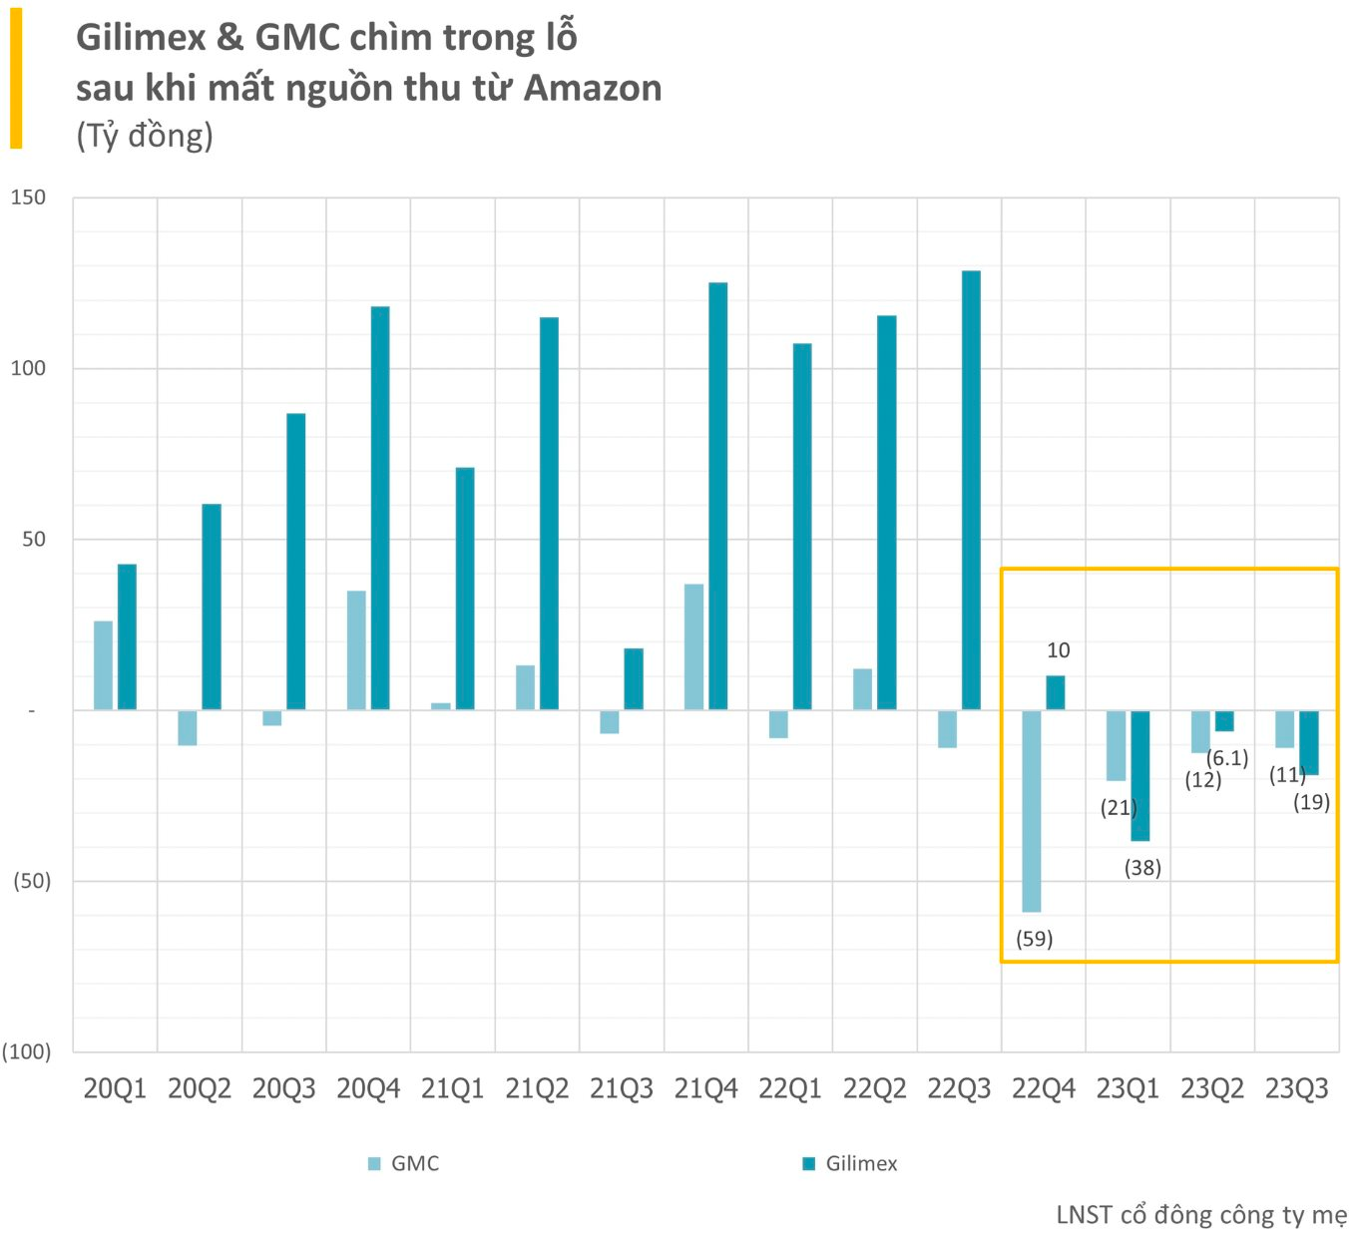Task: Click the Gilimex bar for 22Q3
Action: pyautogui.click(x=971, y=490)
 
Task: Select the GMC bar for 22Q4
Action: pyautogui.click(x=1031, y=811)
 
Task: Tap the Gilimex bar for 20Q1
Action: pyautogui.click(x=127, y=636)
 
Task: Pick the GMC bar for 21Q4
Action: pyautogui.click(x=693, y=647)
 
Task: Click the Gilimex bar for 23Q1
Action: pyautogui.click(x=1140, y=776)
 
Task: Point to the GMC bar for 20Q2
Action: pyautogui.click(x=187, y=727)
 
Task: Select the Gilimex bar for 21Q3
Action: pyautogui.click(x=634, y=678)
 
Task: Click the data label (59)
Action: pyautogui.click(x=1035, y=939)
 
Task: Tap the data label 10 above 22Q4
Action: pyautogui.click(x=1059, y=650)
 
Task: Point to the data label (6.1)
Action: pyautogui.click(x=1227, y=758)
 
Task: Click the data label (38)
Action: pyautogui.click(x=1142, y=868)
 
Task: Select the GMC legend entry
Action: pyautogui.click(x=404, y=1164)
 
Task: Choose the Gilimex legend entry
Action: pyautogui.click(x=849, y=1164)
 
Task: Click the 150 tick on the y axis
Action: pyautogui.click(x=28, y=198)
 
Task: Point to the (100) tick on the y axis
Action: pyautogui.click(x=26, y=1051)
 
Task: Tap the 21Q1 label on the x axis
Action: pyautogui.click(x=453, y=1088)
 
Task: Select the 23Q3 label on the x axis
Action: pyautogui.click(x=1297, y=1088)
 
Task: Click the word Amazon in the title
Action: pyautogui.click(x=593, y=88)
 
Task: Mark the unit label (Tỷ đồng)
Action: pyautogui.click(x=145, y=136)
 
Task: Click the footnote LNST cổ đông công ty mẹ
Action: pyautogui.click(x=1201, y=1215)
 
